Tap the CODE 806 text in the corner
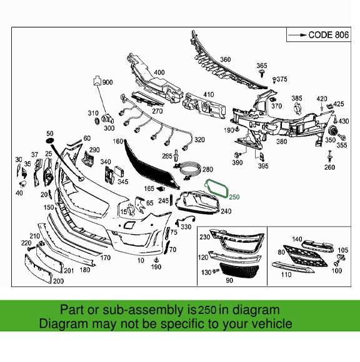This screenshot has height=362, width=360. point(329,35)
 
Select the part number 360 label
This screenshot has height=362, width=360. point(225,59)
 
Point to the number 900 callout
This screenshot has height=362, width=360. point(107,82)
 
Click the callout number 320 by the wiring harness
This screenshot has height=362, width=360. point(199,139)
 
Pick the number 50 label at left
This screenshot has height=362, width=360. point(50,134)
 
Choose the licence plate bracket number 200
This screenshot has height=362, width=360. point(58,281)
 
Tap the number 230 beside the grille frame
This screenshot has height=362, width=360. point(204,237)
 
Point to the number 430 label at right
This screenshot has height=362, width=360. point(344,120)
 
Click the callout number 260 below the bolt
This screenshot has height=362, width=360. point(329,167)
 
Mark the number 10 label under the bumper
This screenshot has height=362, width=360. point(140,260)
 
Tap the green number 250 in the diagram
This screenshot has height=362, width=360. point(234,197)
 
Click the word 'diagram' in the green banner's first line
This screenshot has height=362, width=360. point(254,310)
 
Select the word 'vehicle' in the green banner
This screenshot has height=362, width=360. point(271,323)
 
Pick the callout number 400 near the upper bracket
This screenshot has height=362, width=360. point(159,72)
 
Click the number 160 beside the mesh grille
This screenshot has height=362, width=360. point(117,142)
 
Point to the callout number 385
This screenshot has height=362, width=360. point(297,99)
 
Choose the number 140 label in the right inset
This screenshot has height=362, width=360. point(296,239)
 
